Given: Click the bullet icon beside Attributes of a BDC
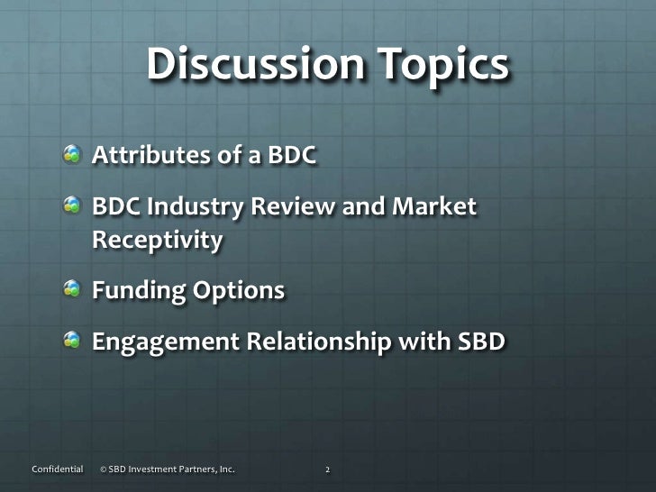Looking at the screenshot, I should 72,159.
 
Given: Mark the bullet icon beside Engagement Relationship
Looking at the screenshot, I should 72,343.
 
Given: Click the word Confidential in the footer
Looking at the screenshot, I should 57,469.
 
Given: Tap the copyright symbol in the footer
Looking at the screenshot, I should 104,469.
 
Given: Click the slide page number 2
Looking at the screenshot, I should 328,469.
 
